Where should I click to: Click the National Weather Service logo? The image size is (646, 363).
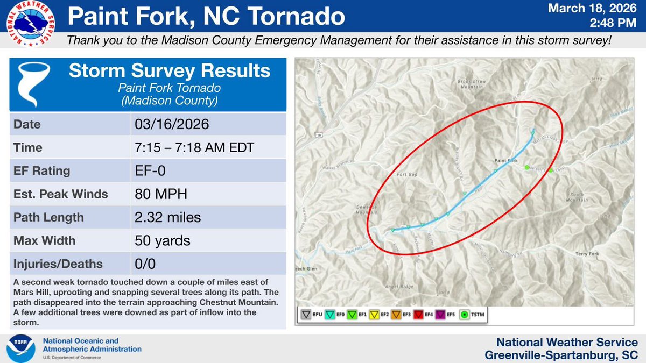coord(30,25)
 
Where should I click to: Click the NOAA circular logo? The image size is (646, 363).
coord(22,348)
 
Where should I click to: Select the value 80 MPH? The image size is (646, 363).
coord(160,194)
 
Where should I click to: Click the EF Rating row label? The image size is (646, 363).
coord(42,171)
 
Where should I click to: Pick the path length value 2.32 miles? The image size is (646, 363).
coord(167,217)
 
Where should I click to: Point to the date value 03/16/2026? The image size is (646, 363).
coord(171,125)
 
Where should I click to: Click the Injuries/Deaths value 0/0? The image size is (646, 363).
coord(145,264)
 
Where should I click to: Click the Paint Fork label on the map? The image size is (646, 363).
coord(505,161)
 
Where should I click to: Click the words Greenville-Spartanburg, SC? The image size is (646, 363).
coord(561,355)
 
